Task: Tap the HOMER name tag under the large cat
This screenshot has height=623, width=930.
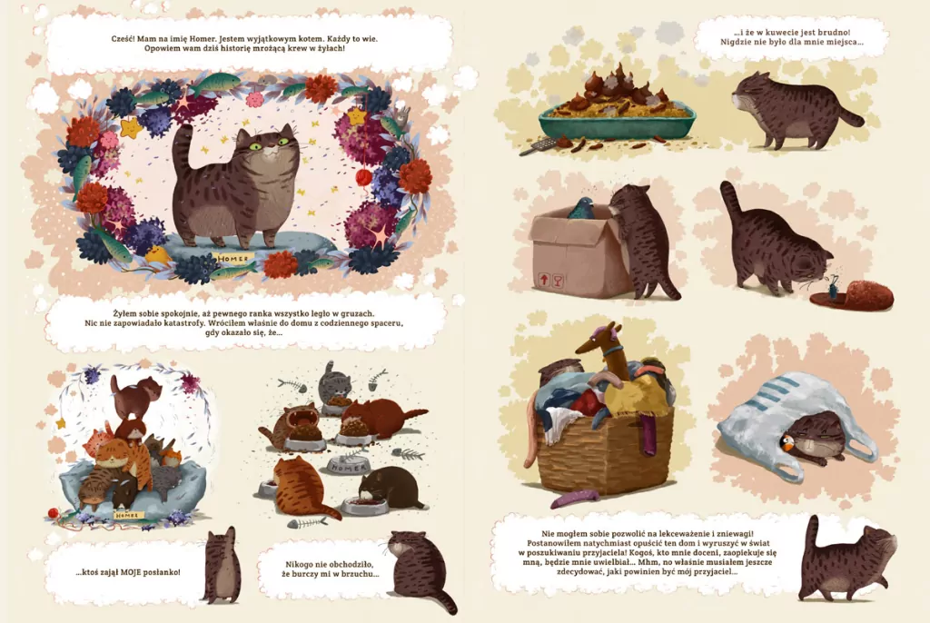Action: coord(233,259)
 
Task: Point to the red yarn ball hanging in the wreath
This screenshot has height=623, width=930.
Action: coord(363,175)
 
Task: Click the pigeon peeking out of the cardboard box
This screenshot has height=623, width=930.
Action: coord(580,208)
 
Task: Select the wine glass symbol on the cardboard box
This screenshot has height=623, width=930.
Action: coord(559,280)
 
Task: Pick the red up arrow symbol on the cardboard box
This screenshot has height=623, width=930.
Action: coord(543,279)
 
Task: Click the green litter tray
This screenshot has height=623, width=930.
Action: coord(617,121)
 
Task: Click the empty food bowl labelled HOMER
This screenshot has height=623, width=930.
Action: coord(348,466)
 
